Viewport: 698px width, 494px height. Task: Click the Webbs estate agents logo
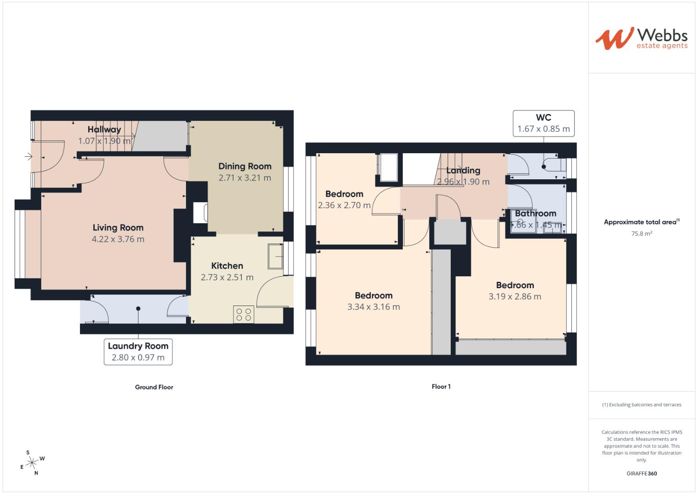coord(641,38)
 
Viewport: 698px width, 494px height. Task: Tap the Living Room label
coord(118,227)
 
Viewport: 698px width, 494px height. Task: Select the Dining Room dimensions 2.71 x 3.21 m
coord(245,178)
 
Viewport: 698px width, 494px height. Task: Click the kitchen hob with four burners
coord(243,314)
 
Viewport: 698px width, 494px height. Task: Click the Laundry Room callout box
coord(138,352)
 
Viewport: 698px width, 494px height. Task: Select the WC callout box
coord(543,123)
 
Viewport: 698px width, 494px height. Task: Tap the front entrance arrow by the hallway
coord(28,157)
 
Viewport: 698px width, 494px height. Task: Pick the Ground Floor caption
coord(154,387)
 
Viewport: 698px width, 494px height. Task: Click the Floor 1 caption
coord(441,387)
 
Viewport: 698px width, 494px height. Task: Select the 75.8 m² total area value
coord(641,233)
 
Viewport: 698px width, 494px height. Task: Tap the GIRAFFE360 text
coord(641,473)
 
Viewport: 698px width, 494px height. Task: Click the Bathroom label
coord(535,213)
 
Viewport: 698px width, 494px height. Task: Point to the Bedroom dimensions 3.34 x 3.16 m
coord(373,307)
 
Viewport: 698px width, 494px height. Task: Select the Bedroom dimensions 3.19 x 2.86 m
coord(515,296)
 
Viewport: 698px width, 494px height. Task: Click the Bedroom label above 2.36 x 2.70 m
coord(344,194)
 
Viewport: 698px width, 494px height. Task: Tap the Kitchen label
coord(227,266)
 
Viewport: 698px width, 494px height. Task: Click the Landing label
coord(463,171)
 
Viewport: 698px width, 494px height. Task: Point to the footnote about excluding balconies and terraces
coord(641,405)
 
